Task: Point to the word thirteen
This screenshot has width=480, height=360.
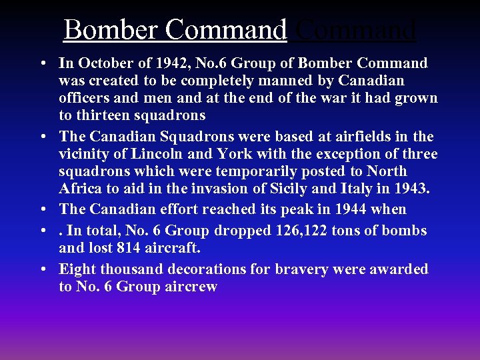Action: tap(104, 115)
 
